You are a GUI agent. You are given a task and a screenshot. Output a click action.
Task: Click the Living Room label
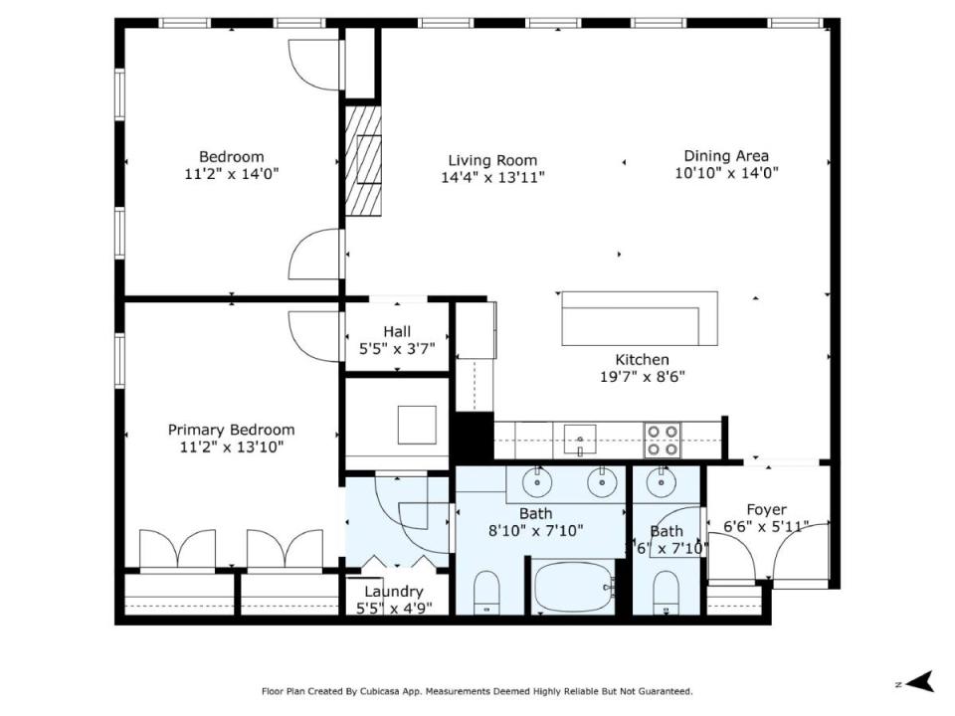(x=492, y=160)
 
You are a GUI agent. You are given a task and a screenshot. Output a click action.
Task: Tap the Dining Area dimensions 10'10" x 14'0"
(x=726, y=173)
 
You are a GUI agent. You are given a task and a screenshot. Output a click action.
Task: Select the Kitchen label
(x=642, y=359)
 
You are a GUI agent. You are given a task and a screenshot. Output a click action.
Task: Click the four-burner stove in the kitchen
(x=663, y=441)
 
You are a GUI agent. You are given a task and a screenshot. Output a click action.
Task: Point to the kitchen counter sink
(x=580, y=441)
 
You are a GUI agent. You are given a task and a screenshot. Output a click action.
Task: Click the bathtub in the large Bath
(x=573, y=588)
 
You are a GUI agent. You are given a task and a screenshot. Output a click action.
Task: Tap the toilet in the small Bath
(x=666, y=593)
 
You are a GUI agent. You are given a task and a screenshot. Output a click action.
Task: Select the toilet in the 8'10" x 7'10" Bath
(x=486, y=593)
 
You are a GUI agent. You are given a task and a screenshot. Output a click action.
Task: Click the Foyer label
(x=766, y=509)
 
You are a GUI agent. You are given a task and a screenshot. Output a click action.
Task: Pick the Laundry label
(x=394, y=591)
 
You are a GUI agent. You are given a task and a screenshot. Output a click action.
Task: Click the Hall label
(x=397, y=332)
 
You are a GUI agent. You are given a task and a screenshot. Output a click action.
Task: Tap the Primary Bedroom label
(x=232, y=430)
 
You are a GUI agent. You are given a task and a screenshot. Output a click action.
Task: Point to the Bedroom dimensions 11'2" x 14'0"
(x=232, y=174)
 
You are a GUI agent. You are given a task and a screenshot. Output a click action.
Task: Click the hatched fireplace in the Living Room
(x=364, y=161)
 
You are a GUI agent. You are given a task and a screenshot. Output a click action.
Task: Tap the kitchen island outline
(x=640, y=318)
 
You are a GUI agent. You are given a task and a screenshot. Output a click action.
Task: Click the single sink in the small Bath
(x=660, y=483)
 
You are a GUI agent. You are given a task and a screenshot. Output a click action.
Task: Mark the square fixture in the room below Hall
(x=417, y=425)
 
